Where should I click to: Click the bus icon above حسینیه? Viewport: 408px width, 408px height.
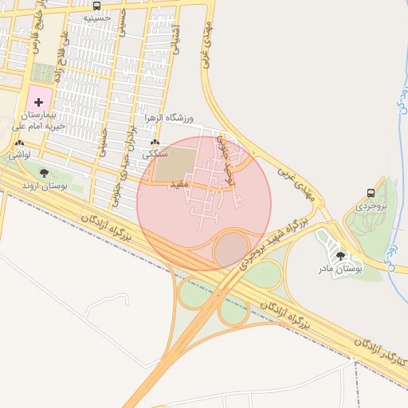click(96, 6)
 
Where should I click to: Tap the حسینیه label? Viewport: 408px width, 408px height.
click(96, 17)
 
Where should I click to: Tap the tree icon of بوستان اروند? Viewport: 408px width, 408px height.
click(44, 172)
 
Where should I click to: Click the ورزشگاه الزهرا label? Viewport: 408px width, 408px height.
click(169, 119)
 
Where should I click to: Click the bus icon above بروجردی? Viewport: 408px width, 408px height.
click(371, 192)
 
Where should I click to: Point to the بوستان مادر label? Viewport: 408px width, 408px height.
click(341, 269)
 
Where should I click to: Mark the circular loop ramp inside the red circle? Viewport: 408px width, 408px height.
click(232, 249)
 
